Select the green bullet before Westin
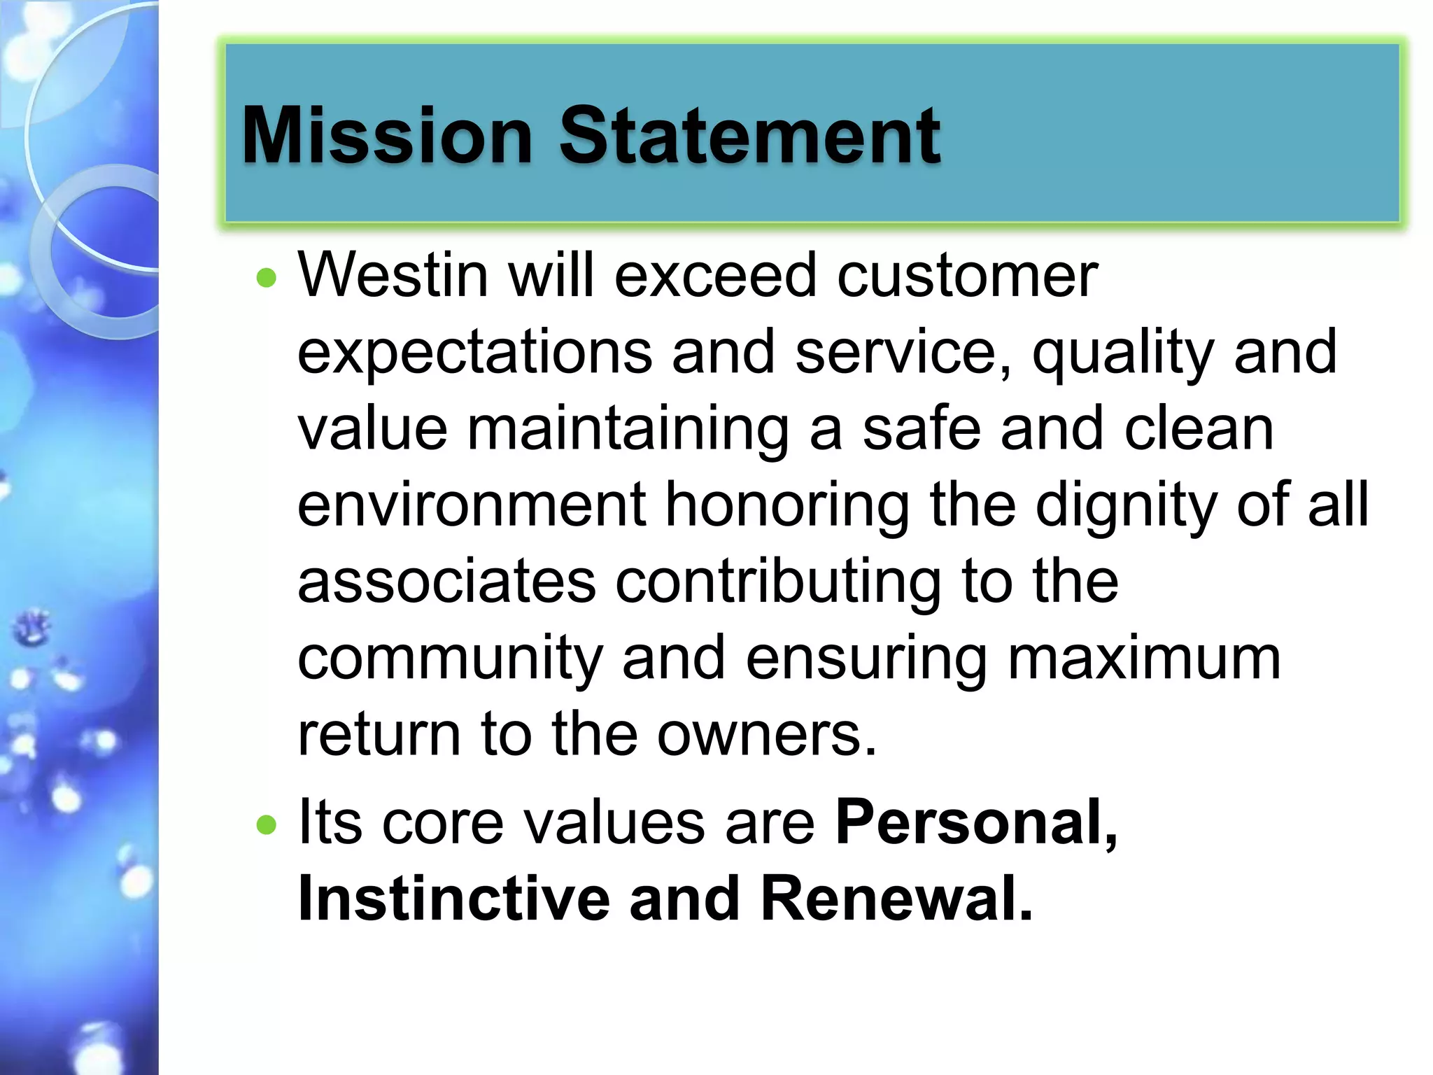267,279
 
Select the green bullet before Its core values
267,825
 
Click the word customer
968,276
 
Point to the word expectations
475,353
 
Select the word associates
446,582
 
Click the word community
450,660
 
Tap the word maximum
1144,659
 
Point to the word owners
765,736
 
